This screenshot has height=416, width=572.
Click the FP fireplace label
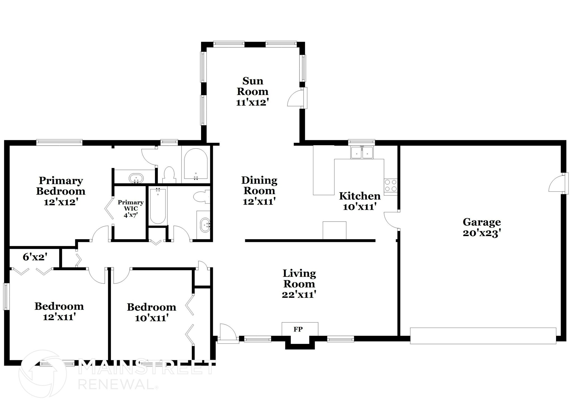(x=298, y=329)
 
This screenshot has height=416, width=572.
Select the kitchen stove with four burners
(x=390, y=186)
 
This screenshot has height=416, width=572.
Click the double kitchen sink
(x=362, y=153)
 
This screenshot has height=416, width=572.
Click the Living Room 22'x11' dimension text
(x=299, y=294)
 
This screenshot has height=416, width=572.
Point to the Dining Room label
(x=259, y=186)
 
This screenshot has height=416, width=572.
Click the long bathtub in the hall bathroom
(x=158, y=206)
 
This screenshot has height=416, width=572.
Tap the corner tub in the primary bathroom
(x=196, y=164)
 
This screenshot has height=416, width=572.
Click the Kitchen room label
(x=360, y=196)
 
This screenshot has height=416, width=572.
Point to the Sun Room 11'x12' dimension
(x=252, y=102)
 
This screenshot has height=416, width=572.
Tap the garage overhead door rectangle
(x=483, y=336)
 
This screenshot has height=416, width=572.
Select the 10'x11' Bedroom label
(x=151, y=312)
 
